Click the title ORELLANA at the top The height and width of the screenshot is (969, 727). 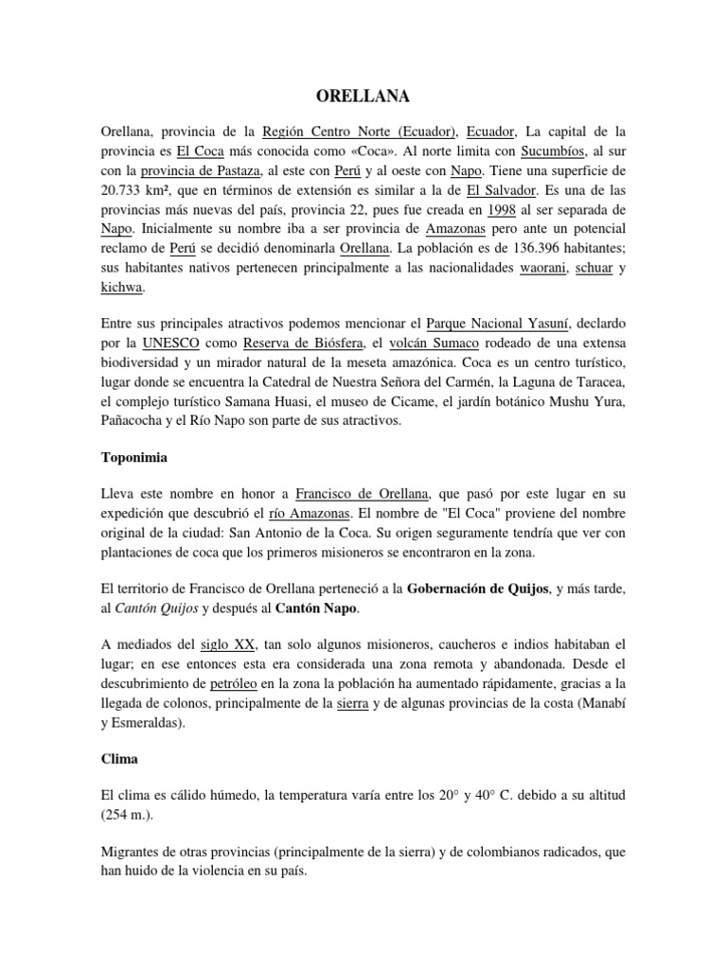[x=363, y=96]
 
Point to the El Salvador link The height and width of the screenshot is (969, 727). [x=495, y=191]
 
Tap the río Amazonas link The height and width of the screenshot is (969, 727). [x=310, y=513]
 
